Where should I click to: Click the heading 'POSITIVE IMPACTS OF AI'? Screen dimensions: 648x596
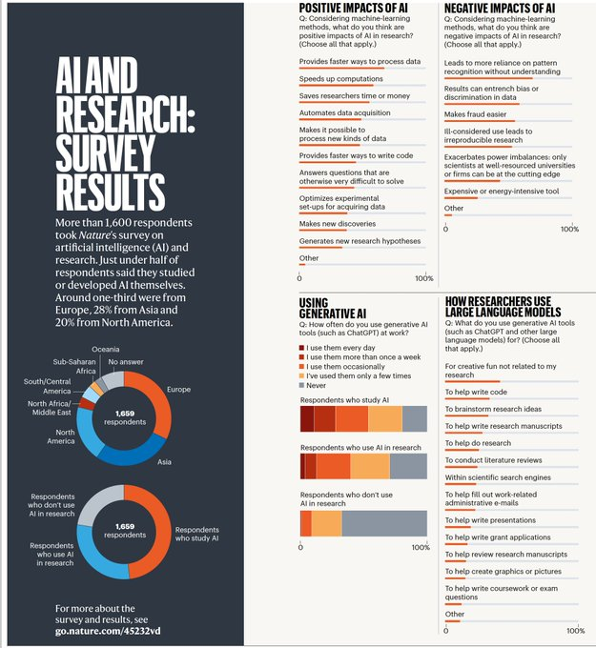(x=355, y=8)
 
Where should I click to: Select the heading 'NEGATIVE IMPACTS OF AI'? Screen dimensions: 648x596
(x=500, y=8)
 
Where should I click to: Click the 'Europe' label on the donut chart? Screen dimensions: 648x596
(x=178, y=389)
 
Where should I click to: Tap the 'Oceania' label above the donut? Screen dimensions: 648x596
(x=106, y=350)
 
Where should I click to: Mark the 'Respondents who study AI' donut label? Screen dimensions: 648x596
(x=196, y=534)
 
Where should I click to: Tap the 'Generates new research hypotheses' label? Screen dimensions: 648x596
(x=360, y=241)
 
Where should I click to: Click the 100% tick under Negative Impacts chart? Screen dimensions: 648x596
(x=569, y=229)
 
